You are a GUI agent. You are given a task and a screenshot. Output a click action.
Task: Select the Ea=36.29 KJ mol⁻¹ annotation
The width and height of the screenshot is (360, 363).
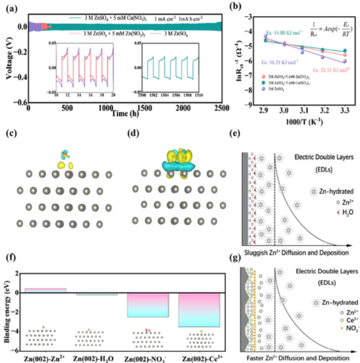click(x=279, y=61)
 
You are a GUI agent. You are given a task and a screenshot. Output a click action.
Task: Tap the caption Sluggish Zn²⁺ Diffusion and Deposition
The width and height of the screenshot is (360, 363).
click(x=295, y=253)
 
